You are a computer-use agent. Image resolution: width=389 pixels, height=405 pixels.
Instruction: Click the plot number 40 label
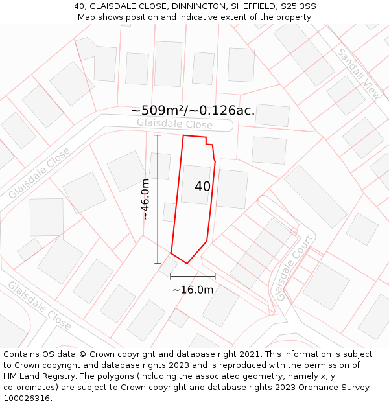click(x=202, y=187)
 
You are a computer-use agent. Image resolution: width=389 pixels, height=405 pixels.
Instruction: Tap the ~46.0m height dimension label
click(x=146, y=199)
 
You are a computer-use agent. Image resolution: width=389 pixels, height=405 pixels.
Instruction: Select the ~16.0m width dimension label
click(x=193, y=290)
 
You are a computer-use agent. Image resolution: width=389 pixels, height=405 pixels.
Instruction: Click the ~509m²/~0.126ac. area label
click(x=193, y=110)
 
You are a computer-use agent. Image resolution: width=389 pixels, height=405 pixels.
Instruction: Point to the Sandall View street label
click(x=359, y=73)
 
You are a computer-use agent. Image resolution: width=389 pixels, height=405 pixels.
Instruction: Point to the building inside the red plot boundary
click(x=195, y=185)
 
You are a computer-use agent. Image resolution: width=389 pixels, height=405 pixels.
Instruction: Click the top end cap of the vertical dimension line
click(x=158, y=135)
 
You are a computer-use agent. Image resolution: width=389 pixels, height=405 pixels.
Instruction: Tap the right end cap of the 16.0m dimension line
click(x=215, y=277)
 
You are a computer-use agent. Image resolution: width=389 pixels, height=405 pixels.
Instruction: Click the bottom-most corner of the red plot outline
click(x=187, y=263)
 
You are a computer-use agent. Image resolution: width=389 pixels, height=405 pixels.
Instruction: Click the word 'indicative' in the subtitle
click(x=226, y=17)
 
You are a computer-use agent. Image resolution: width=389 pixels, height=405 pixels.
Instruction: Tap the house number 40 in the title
click(x=80, y=6)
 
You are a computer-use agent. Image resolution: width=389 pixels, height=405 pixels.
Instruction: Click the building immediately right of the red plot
click(x=232, y=189)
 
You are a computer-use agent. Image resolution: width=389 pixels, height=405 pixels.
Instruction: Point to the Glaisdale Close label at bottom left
click(x=38, y=305)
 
